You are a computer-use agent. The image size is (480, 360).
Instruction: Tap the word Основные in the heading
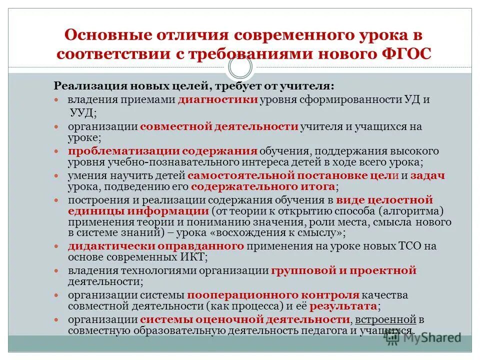(103, 35)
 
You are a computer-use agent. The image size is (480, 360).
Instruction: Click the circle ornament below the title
(239, 67)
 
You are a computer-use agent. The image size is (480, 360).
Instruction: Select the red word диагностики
(218, 99)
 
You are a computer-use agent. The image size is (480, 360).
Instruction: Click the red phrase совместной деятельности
(219, 126)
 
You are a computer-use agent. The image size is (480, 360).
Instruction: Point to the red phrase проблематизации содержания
(163, 150)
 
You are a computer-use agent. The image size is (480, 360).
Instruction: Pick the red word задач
(429, 175)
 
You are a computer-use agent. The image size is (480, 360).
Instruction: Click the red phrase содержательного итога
(263, 187)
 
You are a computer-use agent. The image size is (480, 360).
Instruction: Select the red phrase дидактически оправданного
(156, 246)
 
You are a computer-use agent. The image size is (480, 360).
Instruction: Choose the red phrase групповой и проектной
(344, 270)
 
